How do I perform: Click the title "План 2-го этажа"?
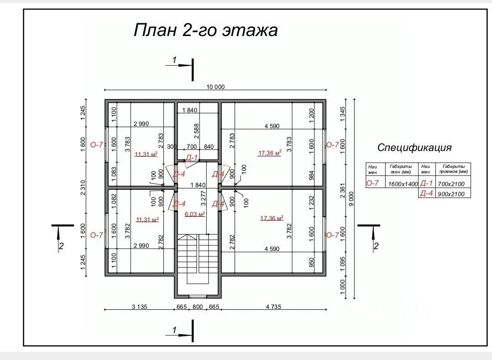[x=205, y=31]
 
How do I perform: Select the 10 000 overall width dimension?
[x=215, y=87]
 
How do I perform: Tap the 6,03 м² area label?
[x=194, y=214]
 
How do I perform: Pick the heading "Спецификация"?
[x=414, y=147]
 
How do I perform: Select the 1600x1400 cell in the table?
[x=403, y=184]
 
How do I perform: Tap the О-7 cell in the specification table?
[x=372, y=183]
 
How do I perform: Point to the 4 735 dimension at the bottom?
[x=273, y=307]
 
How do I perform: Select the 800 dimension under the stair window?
[x=197, y=307]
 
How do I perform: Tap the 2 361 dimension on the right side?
[x=342, y=190]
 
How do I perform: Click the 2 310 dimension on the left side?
[x=83, y=188]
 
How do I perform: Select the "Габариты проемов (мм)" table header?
[x=453, y=169]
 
